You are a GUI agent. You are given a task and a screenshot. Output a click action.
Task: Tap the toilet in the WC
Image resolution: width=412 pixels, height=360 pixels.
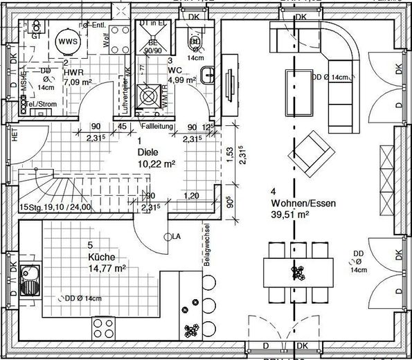point(196,42)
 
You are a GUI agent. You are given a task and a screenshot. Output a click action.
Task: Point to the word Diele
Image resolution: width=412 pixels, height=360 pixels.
point(147,152)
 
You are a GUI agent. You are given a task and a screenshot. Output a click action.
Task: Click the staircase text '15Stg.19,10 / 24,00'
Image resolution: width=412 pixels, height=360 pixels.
point(56,207)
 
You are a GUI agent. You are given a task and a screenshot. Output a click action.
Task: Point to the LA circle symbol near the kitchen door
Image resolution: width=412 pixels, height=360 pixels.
point(167,237)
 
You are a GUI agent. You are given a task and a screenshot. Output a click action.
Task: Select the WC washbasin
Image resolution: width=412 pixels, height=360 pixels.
point(208,75)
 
